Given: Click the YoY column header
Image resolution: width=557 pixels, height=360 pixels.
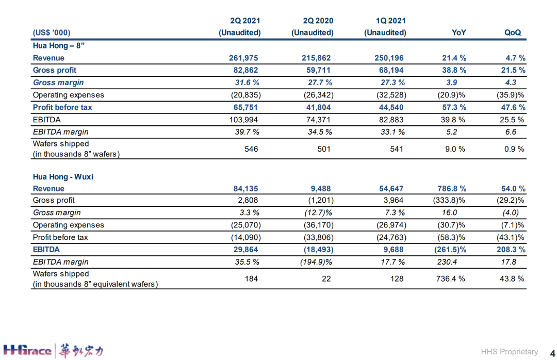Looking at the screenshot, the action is click(x=458, y=32).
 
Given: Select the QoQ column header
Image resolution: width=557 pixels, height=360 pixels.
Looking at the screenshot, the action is click(x=513, y=32).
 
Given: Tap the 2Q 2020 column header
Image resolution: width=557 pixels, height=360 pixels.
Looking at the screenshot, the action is click(x=313, y=27).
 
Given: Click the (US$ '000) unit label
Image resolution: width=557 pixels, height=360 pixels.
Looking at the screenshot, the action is click(x=52, y=32).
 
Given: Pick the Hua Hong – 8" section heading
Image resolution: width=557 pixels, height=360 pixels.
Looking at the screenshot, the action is click(x=59, y=45).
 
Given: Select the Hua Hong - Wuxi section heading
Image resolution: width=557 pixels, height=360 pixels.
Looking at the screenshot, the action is click(x=63, y=176).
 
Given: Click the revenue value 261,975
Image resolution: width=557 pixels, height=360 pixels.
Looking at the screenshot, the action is click(x=243, y=58).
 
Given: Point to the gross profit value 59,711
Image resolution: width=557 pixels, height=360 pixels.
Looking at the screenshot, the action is click(x=318, y=70).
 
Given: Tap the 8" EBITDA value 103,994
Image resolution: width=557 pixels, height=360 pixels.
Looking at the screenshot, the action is click(x=243, y=120).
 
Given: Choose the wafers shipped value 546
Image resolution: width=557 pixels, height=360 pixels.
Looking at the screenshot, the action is click(x=251, y=149).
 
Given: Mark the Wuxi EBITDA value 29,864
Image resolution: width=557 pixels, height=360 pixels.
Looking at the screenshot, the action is click(x=245, y=250).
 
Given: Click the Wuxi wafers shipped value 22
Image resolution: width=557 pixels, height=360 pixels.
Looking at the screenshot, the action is click(x=326, y=279).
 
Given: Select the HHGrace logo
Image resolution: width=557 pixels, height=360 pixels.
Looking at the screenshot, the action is click(x=53, y=351).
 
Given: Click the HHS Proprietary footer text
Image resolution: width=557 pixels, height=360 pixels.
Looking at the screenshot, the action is click(x=510, y=352).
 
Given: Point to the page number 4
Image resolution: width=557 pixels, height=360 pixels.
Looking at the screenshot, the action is click(x=552, y=353).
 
